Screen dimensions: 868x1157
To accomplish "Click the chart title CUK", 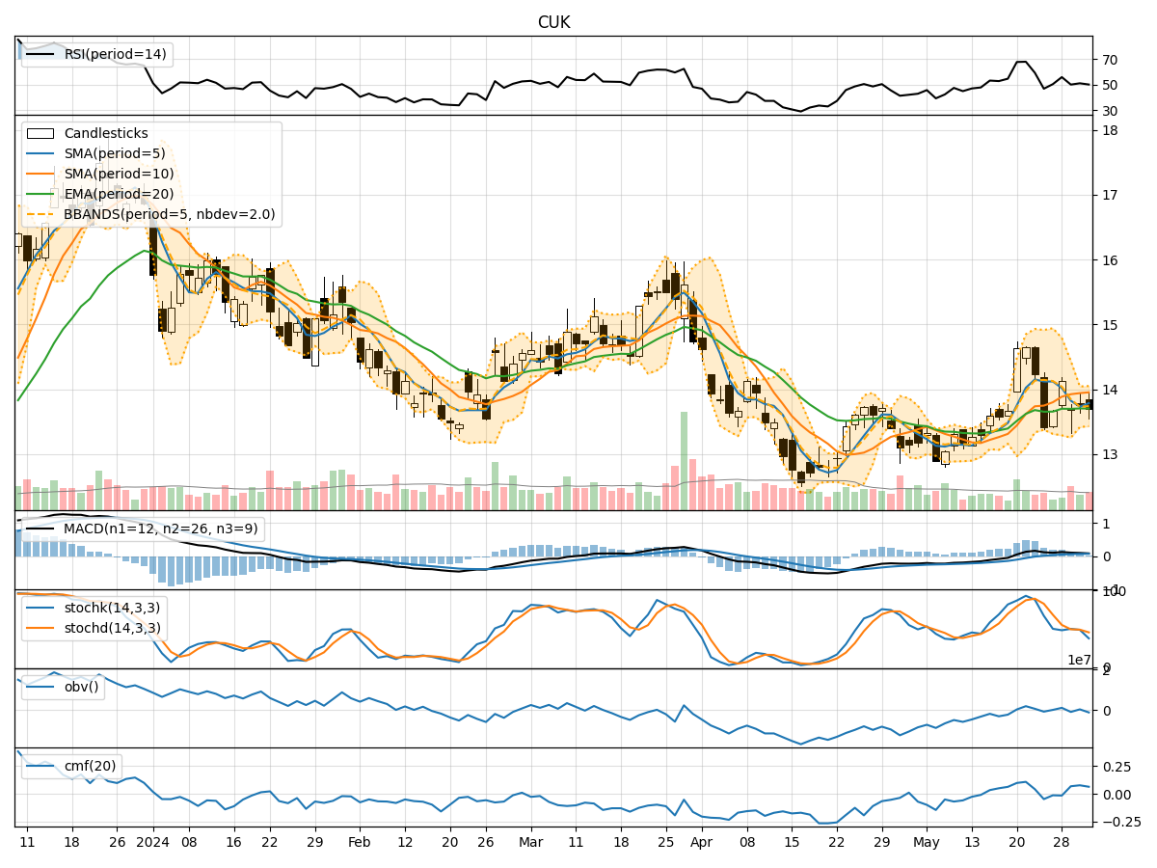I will click(553, 22).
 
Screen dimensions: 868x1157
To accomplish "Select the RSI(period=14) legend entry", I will click(113, 55).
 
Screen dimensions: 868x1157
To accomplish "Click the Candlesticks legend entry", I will click(105, 134).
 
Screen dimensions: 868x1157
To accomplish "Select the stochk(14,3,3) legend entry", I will click(111, 608).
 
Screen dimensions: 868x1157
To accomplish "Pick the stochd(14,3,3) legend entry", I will click(111, 628).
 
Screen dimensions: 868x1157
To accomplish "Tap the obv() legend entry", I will click(81, 687).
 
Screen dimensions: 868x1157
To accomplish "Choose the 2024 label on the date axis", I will click(152, 842).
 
